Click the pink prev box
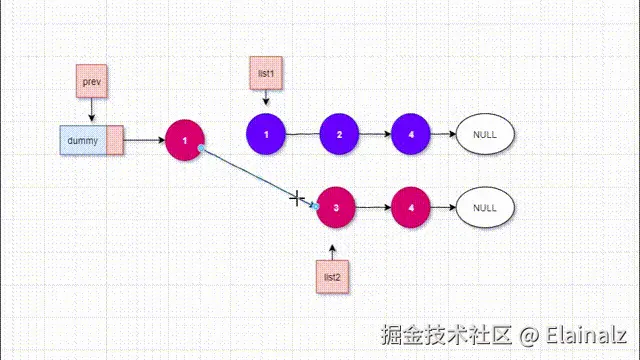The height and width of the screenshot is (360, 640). coord(92,81)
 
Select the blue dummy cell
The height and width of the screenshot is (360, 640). coord(83,141)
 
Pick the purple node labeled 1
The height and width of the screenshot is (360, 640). coord(265,133)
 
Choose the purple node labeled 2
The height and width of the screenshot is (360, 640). coord(339,133)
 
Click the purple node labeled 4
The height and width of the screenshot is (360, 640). coord(411,133)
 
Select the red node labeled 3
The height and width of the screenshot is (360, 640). coord(336,208)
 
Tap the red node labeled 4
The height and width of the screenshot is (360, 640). coord(410,208)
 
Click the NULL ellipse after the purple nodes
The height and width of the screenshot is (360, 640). coord(484,133)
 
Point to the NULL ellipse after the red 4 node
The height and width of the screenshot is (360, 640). coord(484,208)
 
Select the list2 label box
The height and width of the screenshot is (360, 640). coord(333,277)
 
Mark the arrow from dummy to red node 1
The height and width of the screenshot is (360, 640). coord(144,141)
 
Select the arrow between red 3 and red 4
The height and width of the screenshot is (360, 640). coord(373,208)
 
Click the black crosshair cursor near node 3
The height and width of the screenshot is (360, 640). coord(297,198)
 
